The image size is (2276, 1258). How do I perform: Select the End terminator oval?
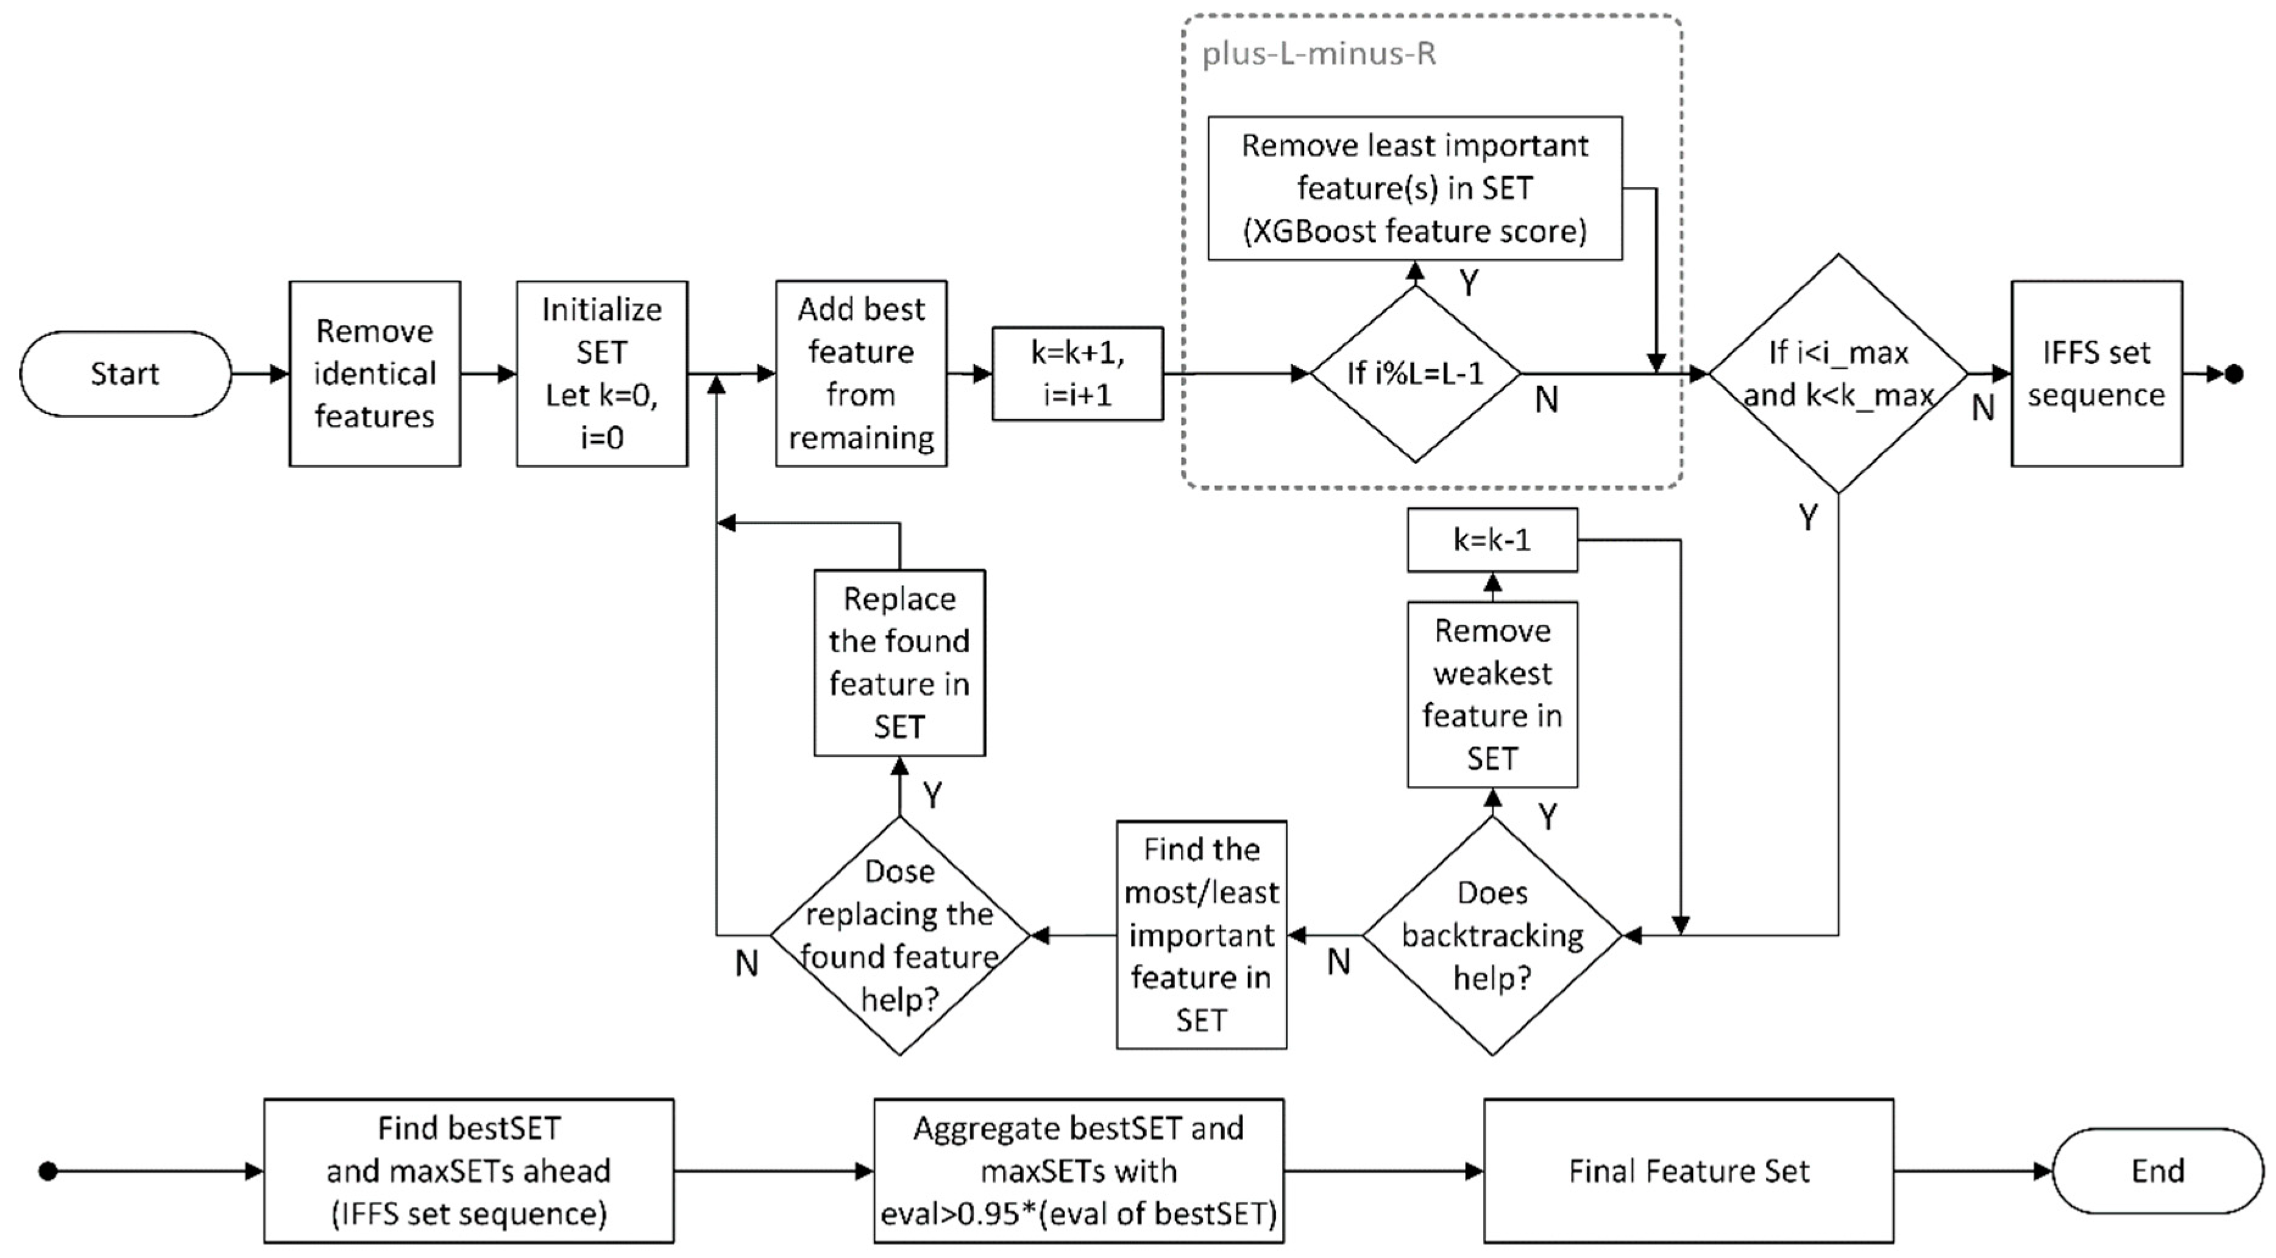[x=2157, y=1170]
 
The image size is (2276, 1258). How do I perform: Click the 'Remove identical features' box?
[x=375, y=374]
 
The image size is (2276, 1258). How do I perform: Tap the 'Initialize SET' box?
[x=601, y=374]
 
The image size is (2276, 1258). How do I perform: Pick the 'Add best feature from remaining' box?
[x=860, y=374]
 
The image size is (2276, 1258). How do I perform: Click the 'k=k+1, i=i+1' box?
[x=1077, y=374]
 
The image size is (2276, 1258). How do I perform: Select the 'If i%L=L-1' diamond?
[x=1414, y=374]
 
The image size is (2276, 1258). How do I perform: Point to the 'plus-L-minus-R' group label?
[x=1318, y=54]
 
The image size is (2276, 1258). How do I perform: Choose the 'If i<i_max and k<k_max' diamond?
[x=1838, y=374]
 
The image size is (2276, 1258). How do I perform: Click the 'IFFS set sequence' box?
[x=2096, y=374]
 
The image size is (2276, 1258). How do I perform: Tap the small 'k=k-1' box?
[x=1491, y=539]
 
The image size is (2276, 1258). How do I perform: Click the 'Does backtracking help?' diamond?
[x=1491, y=935]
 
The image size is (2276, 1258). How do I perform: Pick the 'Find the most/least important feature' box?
[x=1200, y=935]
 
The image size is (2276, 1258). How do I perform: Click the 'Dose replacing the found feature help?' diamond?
[x=899, y=935]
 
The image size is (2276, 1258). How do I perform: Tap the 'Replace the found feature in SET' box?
[x=899, y=663]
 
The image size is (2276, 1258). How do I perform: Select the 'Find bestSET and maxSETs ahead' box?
[x=468, y=1170]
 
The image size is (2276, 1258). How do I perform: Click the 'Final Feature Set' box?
[x=1687, y=1170]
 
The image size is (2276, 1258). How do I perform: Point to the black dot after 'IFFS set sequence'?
[x=2233, y=374]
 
